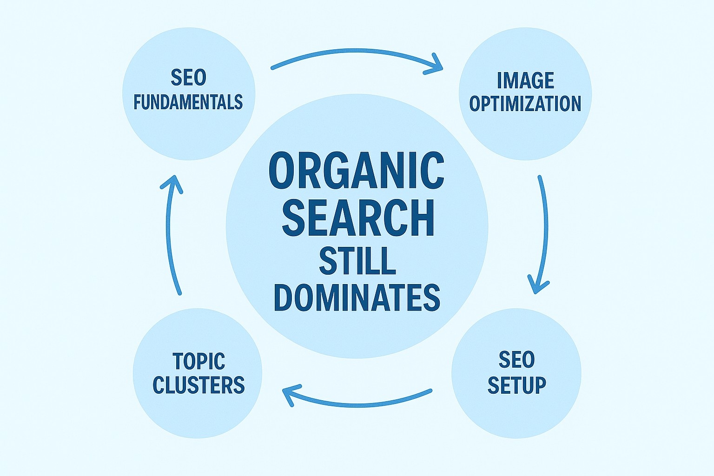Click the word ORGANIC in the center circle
357,170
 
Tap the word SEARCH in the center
358,217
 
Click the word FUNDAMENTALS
188,102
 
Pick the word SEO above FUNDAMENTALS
188,78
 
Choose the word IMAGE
525,80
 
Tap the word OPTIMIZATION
525,103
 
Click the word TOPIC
198,361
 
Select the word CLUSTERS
198,385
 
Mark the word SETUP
516,385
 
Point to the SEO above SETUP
516,360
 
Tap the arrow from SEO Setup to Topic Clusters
358,403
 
